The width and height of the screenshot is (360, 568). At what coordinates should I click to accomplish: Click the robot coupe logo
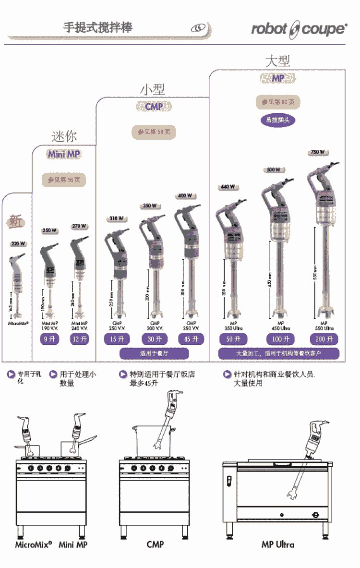tap(299, 29)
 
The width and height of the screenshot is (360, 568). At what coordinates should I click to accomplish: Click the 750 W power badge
tap(317, 152)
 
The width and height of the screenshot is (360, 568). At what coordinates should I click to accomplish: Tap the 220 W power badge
tap(18, 244)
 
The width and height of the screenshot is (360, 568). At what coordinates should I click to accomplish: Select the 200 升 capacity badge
tap(324, 339)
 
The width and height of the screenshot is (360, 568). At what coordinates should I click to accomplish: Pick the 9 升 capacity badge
tap(49, 339)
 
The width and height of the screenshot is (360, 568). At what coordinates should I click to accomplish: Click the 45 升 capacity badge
tap(191, 339)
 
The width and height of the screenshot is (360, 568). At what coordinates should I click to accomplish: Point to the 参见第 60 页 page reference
tap(278, 102)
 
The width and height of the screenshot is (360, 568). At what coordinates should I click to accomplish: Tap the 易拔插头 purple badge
tap(278, 120)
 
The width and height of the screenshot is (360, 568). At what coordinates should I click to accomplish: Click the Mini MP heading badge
tap(64, 154)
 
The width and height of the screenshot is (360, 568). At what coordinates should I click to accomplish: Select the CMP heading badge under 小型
tap(154, 107)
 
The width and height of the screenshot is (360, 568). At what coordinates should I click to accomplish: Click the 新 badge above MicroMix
tap(16, 221)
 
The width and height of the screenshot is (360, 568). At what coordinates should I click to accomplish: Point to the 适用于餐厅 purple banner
tap(154, 354)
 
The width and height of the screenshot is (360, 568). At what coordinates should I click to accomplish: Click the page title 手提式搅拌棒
tap(97, 27)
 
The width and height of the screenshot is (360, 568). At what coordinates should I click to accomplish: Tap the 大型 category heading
tap(278, 60)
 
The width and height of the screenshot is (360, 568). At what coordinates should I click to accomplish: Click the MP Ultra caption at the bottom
tap(278, 544)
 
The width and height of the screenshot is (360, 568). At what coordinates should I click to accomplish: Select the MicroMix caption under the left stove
tap(33, 544)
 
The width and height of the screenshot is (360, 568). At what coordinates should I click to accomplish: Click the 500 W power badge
tap(274, 169)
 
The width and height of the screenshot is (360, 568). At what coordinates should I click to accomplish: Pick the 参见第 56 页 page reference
tap(64, 180)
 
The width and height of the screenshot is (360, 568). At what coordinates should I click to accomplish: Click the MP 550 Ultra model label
tap(324, 326)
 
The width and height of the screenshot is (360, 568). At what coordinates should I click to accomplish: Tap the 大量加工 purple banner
tap(278, 354)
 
